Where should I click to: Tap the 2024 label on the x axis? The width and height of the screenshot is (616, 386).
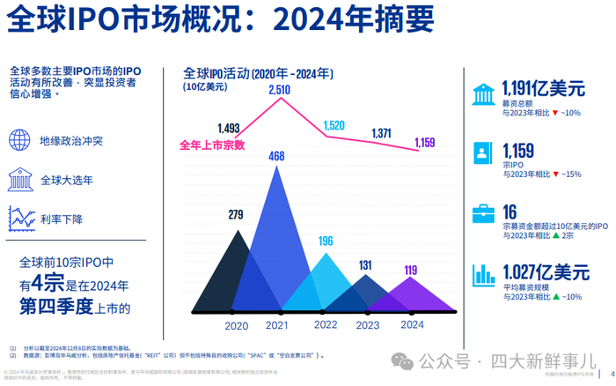412,325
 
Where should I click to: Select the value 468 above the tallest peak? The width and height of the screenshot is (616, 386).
276,157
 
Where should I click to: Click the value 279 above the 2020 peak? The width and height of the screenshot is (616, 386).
235,214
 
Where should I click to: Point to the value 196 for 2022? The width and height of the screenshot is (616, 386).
326,241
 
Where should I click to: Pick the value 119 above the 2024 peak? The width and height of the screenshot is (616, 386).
410,271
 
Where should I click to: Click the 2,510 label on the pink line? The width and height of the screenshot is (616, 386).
279,90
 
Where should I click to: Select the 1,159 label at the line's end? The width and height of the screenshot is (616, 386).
424,141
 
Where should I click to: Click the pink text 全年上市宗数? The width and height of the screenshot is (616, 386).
211,145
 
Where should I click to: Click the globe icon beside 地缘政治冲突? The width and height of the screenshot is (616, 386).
18,140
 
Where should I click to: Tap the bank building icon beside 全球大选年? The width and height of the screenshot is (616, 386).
19,181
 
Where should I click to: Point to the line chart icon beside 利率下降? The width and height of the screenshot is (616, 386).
19,218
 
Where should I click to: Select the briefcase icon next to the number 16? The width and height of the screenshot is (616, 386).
482,213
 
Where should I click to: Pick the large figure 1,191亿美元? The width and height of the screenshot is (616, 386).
543,89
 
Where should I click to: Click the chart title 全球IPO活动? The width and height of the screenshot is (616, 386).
214,73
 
